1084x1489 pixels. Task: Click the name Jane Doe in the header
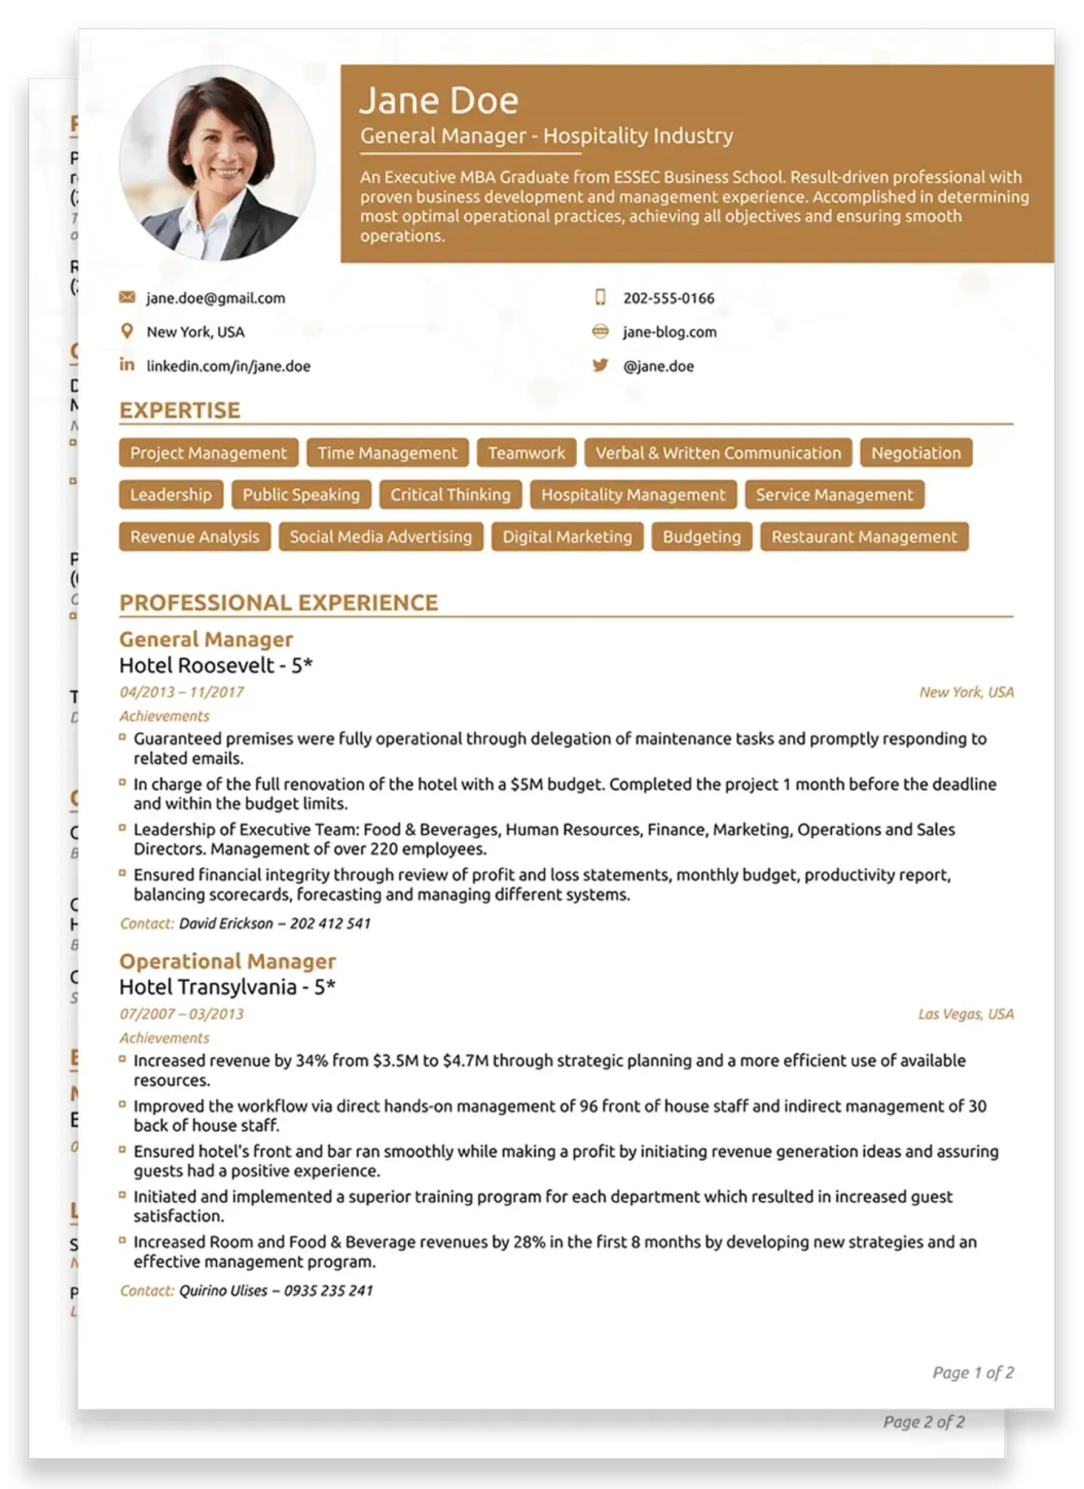coord(439,101)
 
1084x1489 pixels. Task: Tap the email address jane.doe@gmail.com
coord(215,298)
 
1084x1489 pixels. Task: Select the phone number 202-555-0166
coord(668,298)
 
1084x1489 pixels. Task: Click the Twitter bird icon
coord(600,365)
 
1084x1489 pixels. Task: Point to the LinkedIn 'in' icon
coord(126,365)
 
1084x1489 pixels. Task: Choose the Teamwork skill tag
coord(526,453)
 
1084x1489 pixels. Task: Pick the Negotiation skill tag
coord(915,453)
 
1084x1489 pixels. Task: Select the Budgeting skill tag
coord(701,537)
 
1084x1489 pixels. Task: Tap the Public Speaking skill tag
coord(301,495)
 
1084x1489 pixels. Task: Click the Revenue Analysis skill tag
coord(194,537)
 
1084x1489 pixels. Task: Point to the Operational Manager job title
coord(227,961)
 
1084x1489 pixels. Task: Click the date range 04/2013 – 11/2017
coord(181,692)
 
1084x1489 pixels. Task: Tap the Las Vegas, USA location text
coord(965,1014)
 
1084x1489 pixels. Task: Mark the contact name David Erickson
coord(225,924)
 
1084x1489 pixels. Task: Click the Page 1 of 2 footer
coord(972,1372)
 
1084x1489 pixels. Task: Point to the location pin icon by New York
coord(126,331)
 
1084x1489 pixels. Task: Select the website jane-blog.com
coord(669,332)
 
